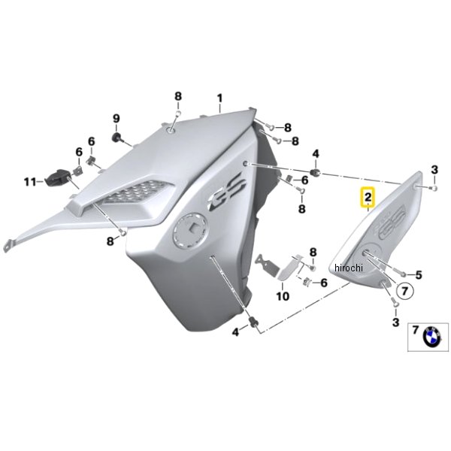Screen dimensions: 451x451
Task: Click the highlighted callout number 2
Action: (x=368, y=197)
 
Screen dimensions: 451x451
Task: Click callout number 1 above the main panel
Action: (x=219, y=98)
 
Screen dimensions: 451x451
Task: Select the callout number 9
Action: (x=116, y=119)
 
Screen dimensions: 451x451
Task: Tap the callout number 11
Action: (x=30, y=182)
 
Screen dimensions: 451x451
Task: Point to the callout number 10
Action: (x=283, y=295)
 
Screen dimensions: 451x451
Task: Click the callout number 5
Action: (x=419, y=275)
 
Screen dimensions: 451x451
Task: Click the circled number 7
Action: (x=404, y=292)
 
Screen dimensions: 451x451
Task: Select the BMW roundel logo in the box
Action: (x=432, y=336)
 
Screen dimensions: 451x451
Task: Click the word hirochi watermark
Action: (x=349, y=268)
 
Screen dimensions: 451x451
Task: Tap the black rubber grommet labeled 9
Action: (x=117, y=138)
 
